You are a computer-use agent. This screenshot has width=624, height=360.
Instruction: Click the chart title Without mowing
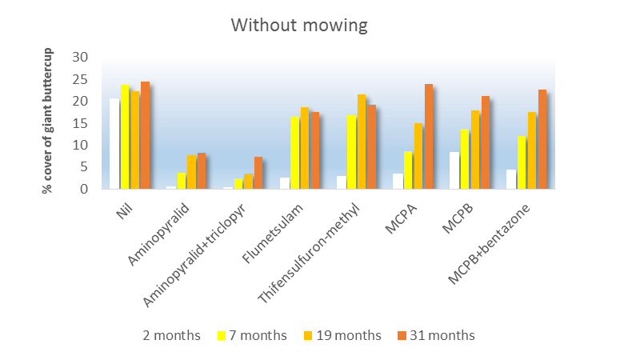tap(299, 26)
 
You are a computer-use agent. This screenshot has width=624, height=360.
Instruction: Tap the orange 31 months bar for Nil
tap(146, 135)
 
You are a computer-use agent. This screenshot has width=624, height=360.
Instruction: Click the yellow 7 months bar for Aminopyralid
tap(182, 181)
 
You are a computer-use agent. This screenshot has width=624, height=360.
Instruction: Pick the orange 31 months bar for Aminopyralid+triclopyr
tap(258, 173)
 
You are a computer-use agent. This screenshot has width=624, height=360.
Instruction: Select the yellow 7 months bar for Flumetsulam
tap(295, 153)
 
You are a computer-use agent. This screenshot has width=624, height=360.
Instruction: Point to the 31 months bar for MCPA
tap(429, 137)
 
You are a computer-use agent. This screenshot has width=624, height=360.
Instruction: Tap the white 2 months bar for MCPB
tap(454, 170)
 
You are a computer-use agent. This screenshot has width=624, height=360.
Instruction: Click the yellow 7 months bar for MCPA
tap(408, 170)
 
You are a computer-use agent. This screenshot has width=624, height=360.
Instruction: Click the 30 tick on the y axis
tap(79, 58)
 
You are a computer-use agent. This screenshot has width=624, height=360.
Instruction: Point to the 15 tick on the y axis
tap(79, 123)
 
